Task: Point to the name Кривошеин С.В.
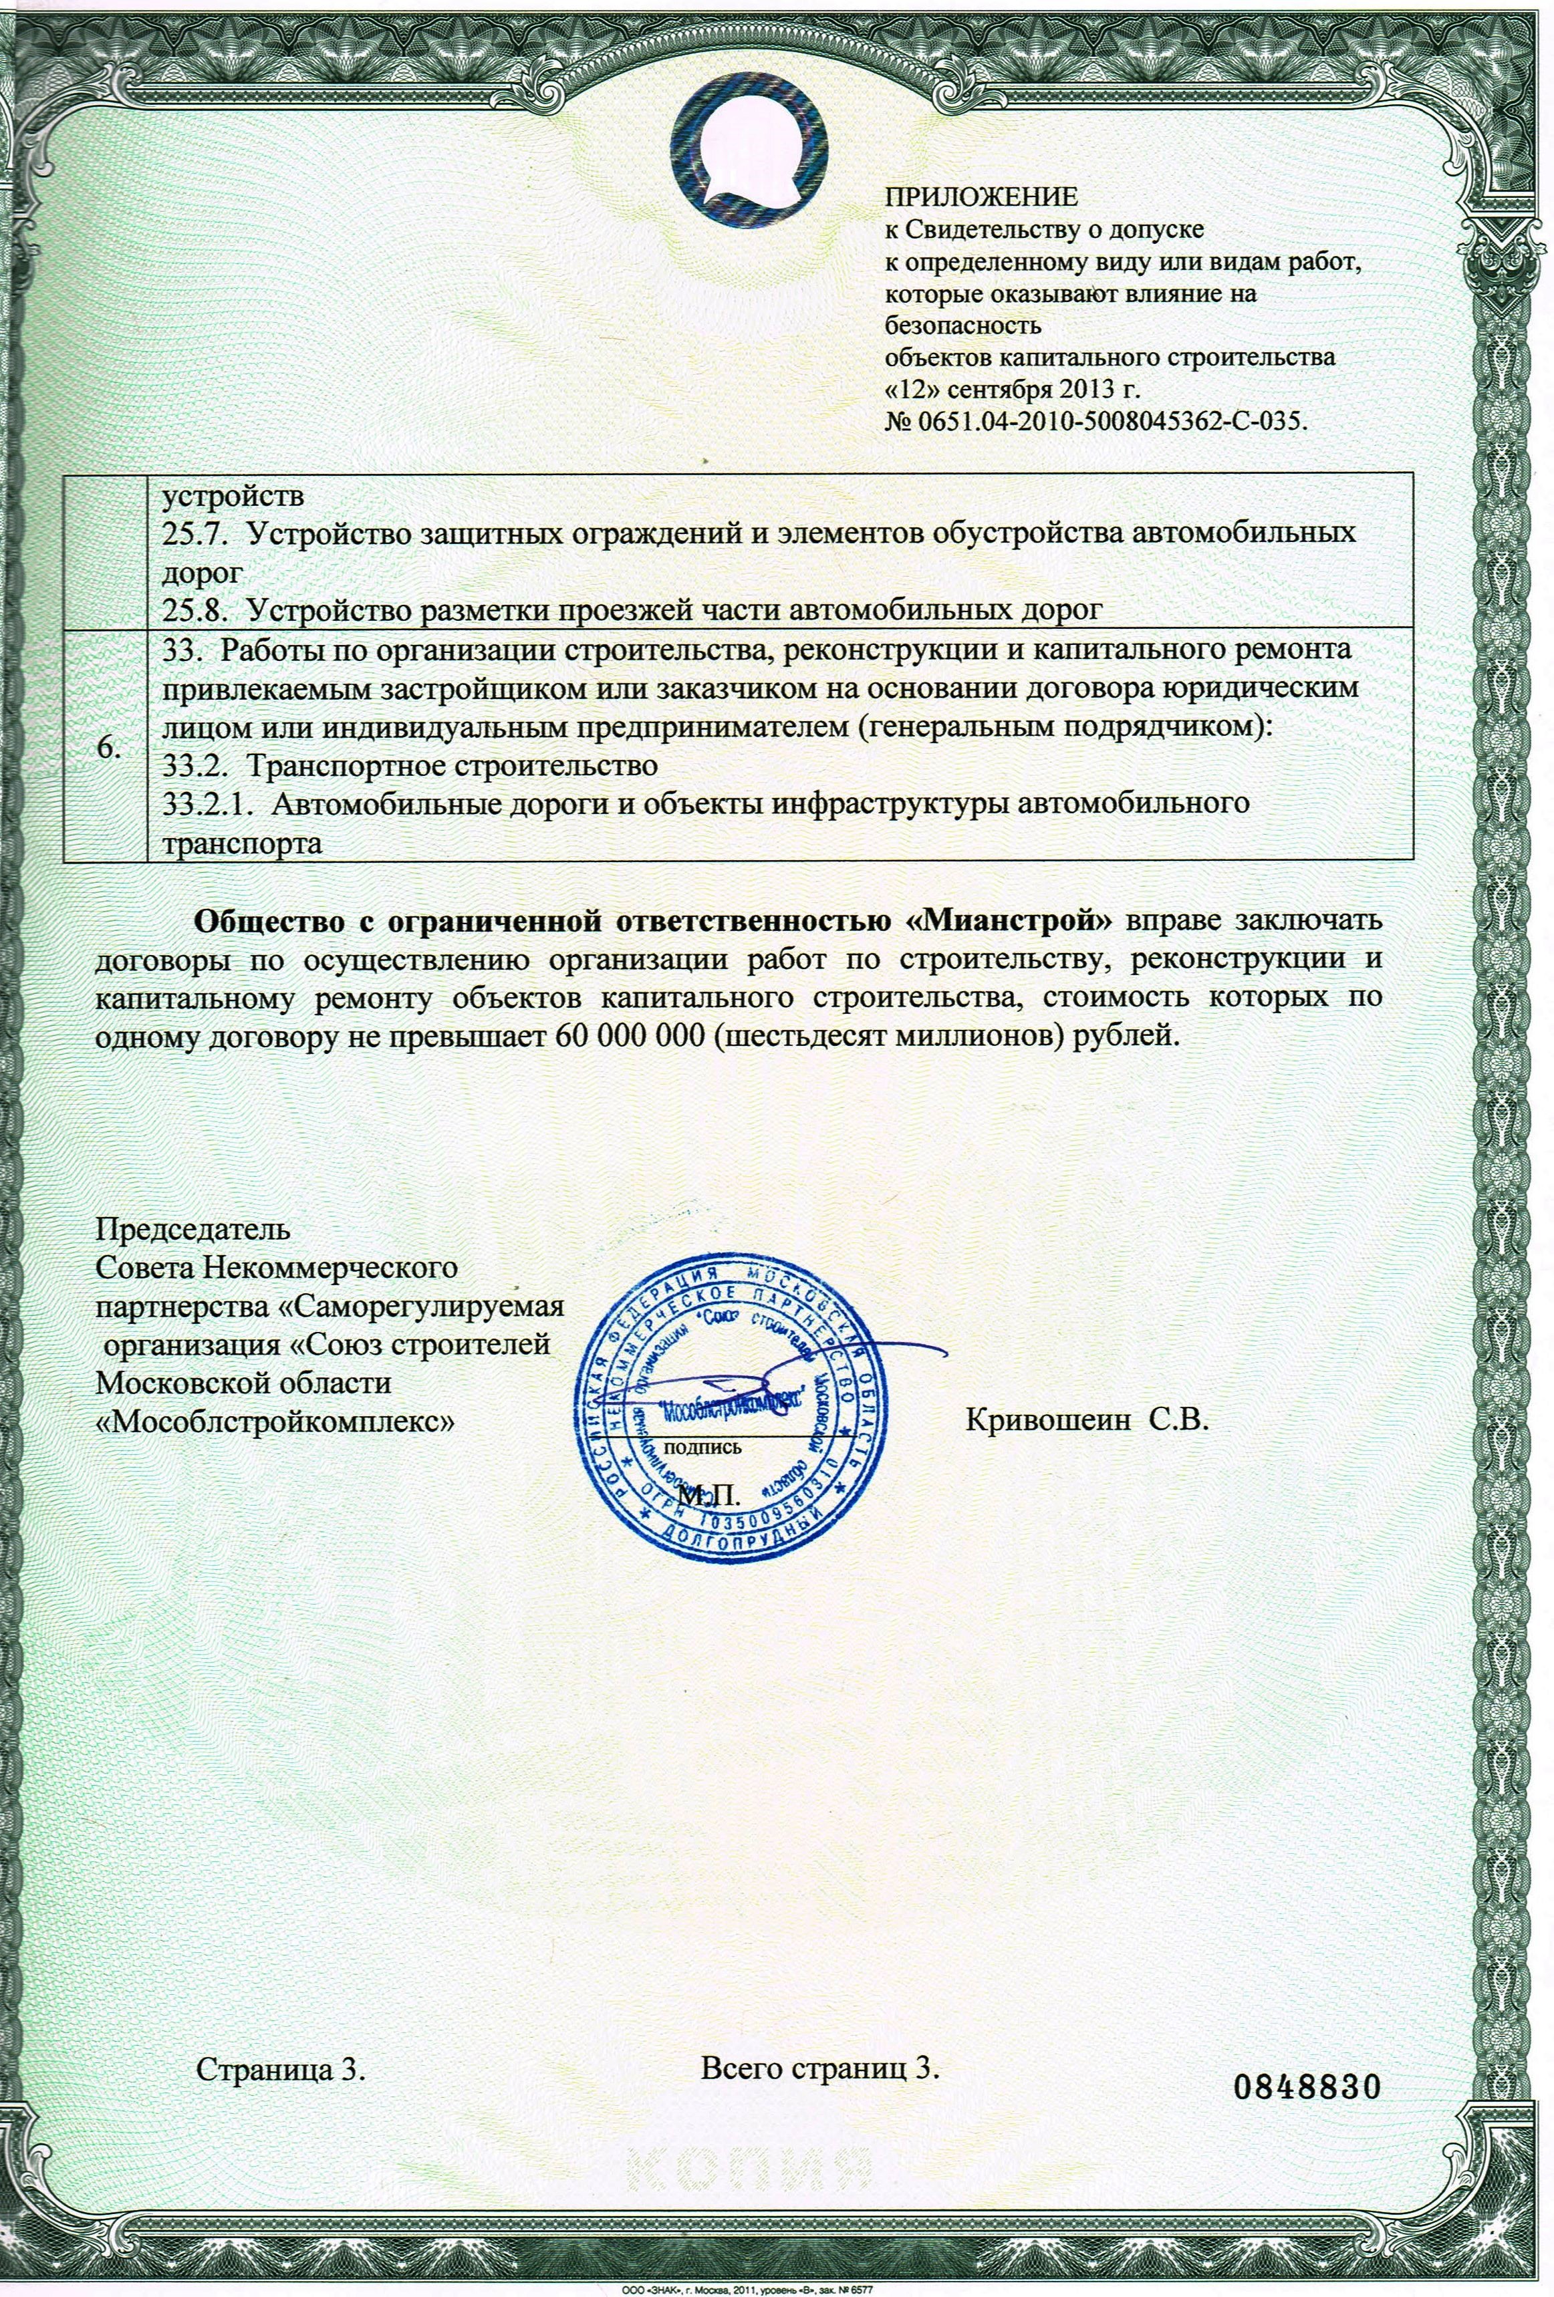[1086, 1420]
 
